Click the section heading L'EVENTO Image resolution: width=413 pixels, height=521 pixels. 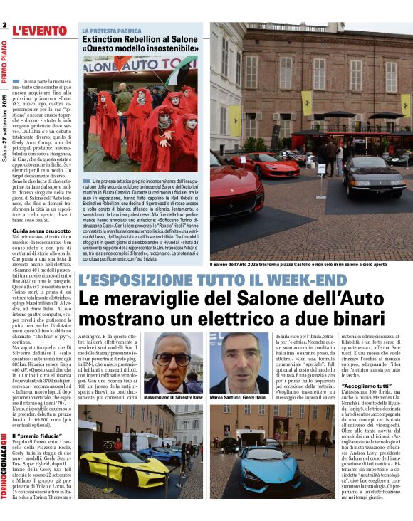pyautogui.click(x=40, y=30)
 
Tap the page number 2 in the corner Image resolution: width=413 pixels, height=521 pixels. pyautogui.click(x=4, y=26)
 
